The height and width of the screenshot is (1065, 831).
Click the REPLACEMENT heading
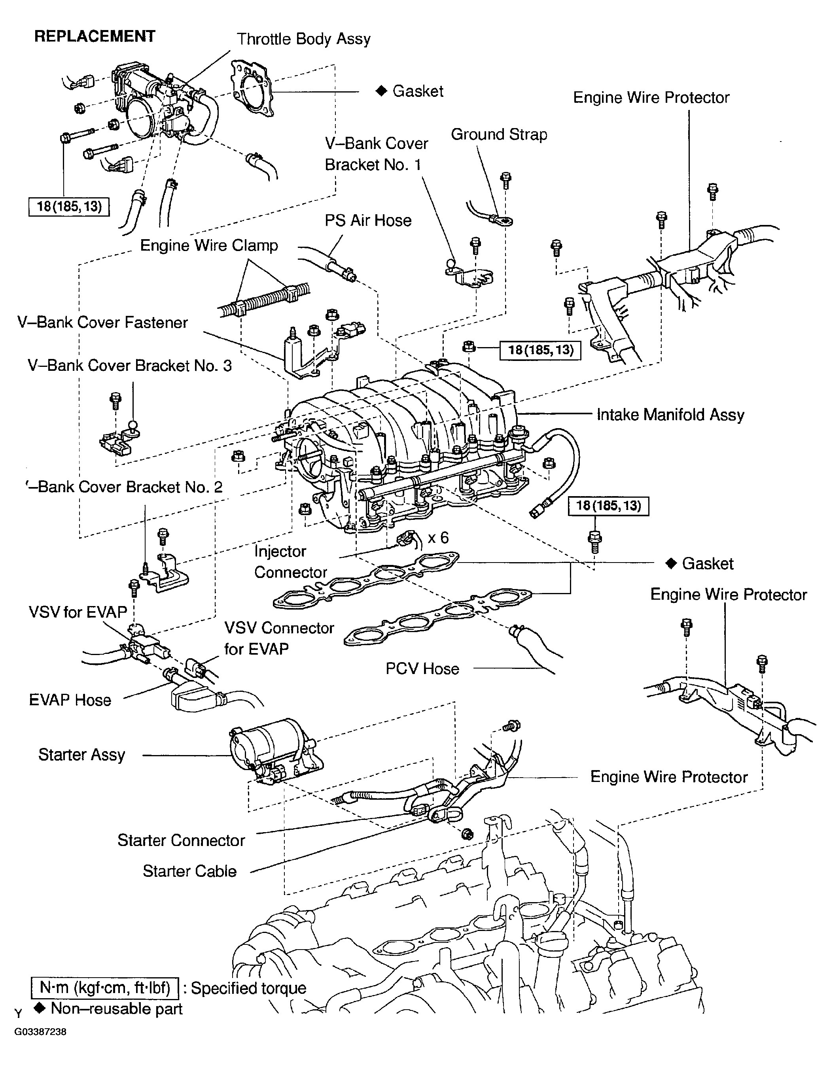[95, 36]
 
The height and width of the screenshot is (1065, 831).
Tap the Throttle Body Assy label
[303, 39]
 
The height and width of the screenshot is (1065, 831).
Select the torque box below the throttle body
[69, 207]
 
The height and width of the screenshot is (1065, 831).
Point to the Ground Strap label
[499, 134]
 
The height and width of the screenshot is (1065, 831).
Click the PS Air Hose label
[368, 221]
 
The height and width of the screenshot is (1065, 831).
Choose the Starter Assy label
[81, 754]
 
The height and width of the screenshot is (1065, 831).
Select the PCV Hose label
[422, 668]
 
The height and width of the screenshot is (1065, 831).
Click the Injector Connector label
[290, 562]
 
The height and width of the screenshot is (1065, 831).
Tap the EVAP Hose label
[70, 700]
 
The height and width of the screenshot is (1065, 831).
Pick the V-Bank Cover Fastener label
[102, 322]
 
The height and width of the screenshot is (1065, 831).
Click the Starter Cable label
[189, 871]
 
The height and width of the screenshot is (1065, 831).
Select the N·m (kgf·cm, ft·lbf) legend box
[105, 988]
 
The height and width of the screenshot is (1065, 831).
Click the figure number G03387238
[40, 1032]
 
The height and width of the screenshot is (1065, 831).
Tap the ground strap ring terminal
[503, 221]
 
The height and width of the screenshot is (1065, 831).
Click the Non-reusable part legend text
[116, 1008]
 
